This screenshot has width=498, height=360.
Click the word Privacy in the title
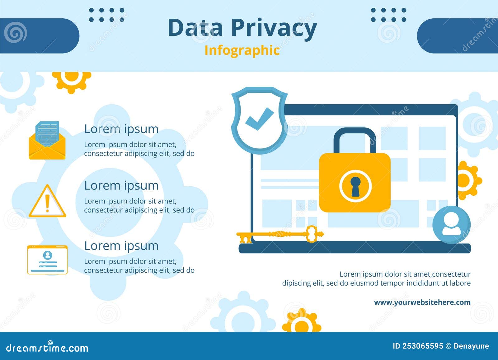[x=274, y=28]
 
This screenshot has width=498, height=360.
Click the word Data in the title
[x=195, y=28]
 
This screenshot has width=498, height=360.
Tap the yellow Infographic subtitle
[x=242, y=50]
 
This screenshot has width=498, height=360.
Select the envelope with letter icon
[x=47, y=141]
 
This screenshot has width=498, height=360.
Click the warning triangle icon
[x=47, y=202]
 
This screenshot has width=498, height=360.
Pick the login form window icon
[x=47, y=260]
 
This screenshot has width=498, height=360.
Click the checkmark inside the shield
[x=259, y=119]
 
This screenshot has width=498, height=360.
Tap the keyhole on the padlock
[x=355, y=186]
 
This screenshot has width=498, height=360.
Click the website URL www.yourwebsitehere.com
[x=422, y=302]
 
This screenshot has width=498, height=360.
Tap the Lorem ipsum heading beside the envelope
[x=121, y=129]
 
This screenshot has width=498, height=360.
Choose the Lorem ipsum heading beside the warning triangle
[x=121, y=185]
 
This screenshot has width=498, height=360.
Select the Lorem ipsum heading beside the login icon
[x=121, y=246]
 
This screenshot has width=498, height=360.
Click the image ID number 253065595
[x=422, y=346]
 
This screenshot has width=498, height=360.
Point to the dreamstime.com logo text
[x=47, y=348]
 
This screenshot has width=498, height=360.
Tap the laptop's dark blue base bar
[x=355, y=248]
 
